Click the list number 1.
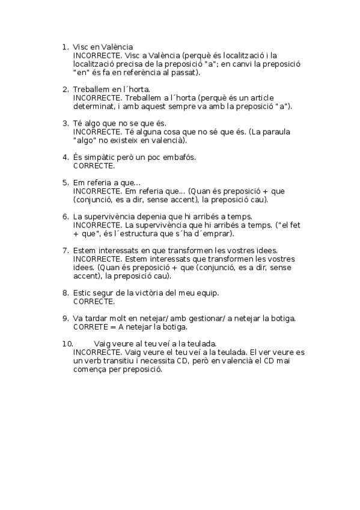tap(65, 46)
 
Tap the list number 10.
tap(67, 343)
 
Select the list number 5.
tap(65, 182)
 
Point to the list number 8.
tap(65, 293)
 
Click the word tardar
tap(101, 318)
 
